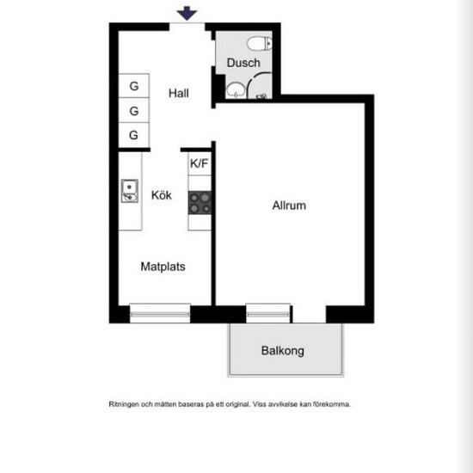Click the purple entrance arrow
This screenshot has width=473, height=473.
point(187,13)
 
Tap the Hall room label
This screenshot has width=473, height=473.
point(179,93)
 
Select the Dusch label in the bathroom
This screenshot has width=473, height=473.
point(243,63)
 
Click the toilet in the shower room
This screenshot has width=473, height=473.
point(260,43)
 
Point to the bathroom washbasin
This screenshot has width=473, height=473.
point(236,90)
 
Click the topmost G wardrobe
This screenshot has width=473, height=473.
point(134,86)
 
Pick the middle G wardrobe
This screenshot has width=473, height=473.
point(134,110)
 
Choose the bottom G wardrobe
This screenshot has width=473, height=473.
point(134,135)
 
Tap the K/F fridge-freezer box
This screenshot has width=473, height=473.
point(200,163)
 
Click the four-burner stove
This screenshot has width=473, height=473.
point(200,203)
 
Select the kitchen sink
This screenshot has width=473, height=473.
point(130,191)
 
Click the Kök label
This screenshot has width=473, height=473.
point(162,195)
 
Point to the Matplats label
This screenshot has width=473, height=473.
point(163,267)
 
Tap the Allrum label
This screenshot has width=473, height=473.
point(289,206)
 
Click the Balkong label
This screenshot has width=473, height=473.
point(282,351)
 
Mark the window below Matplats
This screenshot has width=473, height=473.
point(160,314)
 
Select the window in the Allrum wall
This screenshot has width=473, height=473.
point(267,314)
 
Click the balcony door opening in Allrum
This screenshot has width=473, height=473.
point(310,314)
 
